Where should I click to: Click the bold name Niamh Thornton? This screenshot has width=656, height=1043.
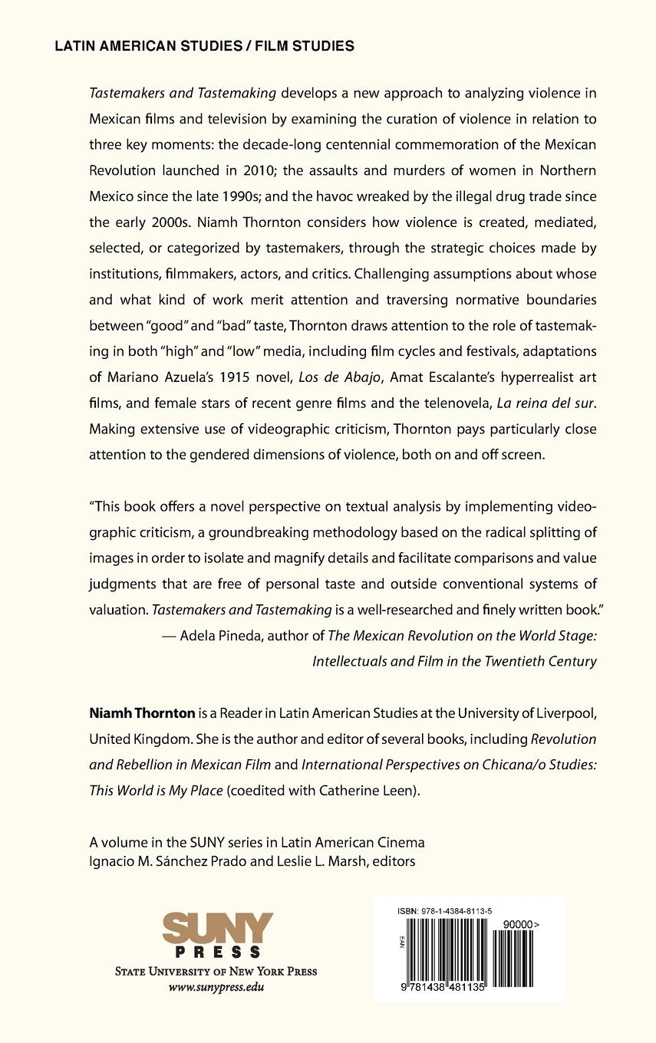tap(142, 713)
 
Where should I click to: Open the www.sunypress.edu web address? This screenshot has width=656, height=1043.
tap(216, 987)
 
